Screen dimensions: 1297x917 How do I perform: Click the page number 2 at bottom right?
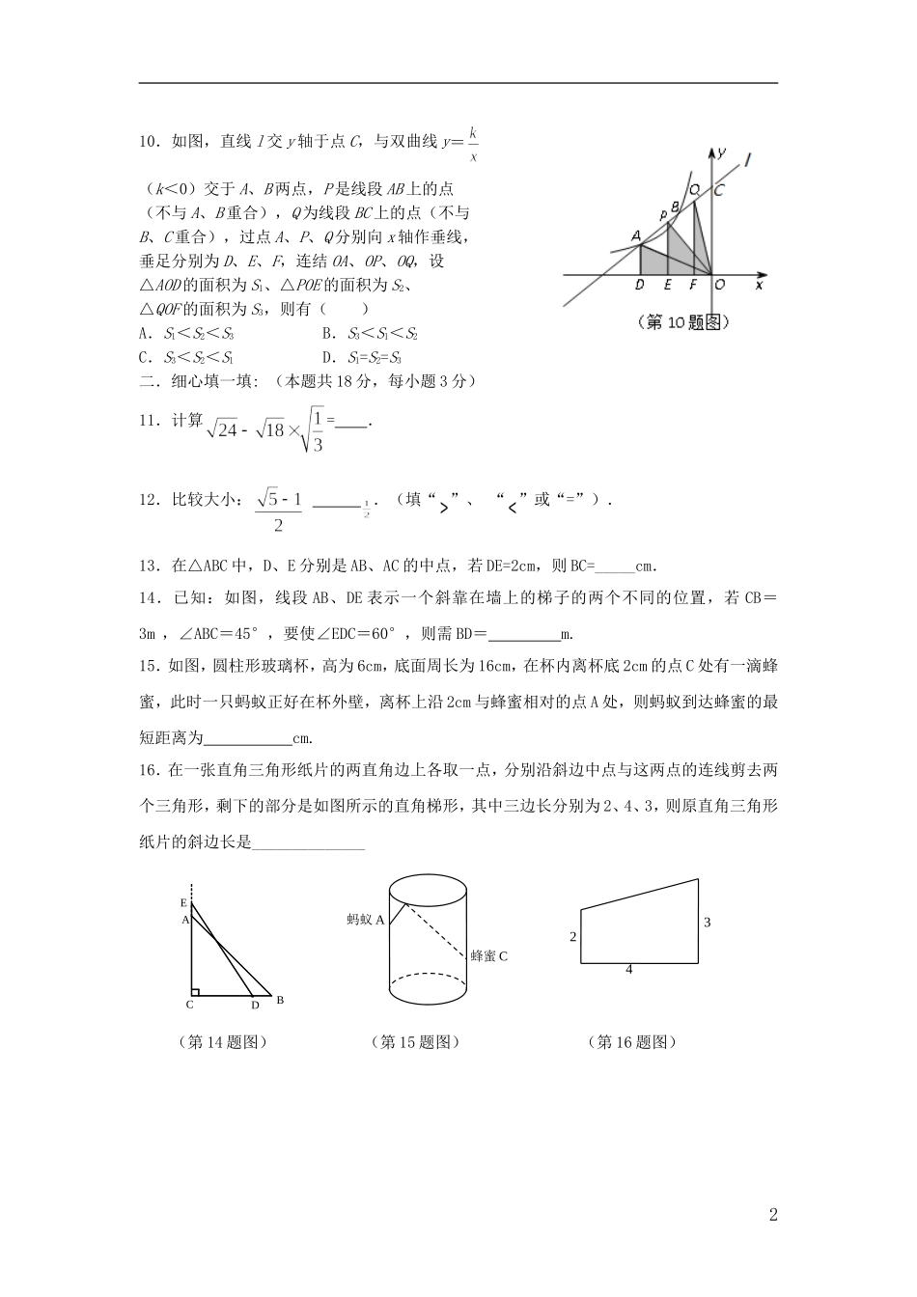[x=772, y=1215]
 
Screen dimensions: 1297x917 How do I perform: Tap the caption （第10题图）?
[x=681, y=323]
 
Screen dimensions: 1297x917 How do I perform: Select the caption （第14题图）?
[x=223, y=1042]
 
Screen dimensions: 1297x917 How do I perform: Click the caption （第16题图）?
[x=631, y=1042]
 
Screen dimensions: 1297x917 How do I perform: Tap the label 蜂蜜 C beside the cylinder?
[x=488, y=955]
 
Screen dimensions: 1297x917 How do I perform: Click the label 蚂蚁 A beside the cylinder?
[x=366, y=920]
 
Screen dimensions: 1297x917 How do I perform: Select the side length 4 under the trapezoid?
[x=628, y=969]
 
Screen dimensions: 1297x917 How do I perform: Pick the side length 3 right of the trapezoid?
[x=707, y=923]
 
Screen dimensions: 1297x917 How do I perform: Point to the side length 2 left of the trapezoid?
[x=572, y=936]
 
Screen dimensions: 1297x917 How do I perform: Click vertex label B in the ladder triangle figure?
[x=280, y=1000]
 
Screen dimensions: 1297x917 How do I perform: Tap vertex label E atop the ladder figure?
[x=183, y=902]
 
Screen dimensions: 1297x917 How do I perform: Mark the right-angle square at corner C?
[x=195, y=990]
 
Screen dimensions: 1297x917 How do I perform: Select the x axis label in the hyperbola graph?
[x=759, y=285]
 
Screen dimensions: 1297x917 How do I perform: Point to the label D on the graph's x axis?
[x=640, y=285]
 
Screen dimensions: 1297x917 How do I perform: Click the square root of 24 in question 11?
[x=224, y=428]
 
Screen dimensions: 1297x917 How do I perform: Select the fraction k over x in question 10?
[x=473, y=143]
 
